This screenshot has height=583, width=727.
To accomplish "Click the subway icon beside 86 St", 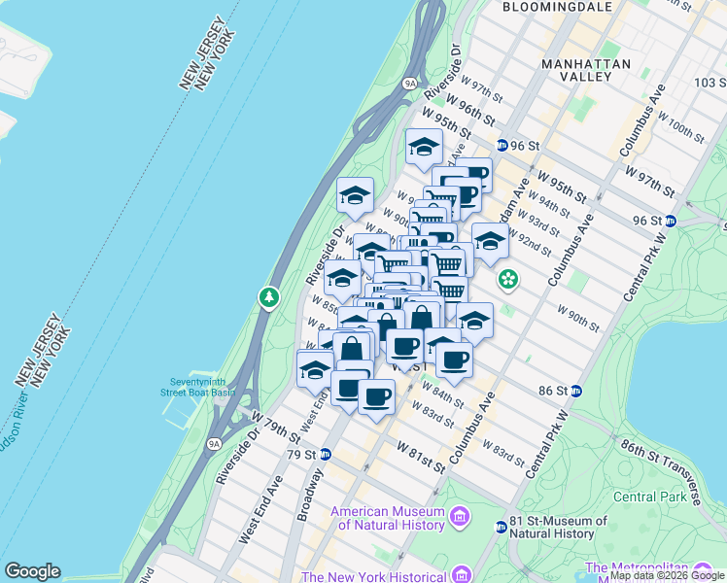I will click(576, 392).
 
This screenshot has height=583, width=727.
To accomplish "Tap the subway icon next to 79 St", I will click(327, 454).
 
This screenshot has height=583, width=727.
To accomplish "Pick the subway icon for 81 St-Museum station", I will click(501, 527).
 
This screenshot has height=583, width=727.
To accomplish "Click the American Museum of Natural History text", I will click(388, 518).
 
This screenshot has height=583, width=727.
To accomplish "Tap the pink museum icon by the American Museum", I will click(460, 521).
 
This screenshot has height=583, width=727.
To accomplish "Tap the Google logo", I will click(32, 571).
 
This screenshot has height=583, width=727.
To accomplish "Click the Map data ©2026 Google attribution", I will click(667, 576).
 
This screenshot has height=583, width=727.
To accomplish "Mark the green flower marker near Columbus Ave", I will click(507, 280).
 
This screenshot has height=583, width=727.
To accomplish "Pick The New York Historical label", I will click(388, 574).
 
